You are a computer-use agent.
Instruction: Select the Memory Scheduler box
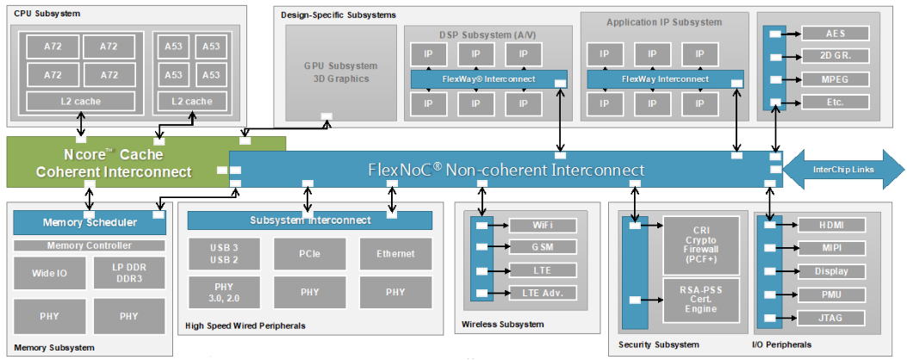pos(89,222)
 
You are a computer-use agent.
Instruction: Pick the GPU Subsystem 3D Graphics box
pos(340,72)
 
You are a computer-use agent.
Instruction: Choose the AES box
pos(835,34)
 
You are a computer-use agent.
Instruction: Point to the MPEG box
pos(835,79)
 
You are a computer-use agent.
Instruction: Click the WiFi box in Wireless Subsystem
pos(542,226)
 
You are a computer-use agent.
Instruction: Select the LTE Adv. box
pos(542,293)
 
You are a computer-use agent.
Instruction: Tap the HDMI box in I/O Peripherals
pos(831,226)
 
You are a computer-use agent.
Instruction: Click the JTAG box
pos(831,319)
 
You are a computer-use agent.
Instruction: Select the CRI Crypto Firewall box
pos(700,245)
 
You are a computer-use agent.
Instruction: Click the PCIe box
pos(310,253)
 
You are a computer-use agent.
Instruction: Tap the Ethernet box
pos(395,253)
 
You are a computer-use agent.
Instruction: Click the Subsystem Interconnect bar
pos(310,220)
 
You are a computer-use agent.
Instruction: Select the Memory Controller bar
pos(89,245)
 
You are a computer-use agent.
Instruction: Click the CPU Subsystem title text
pos(42,15)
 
